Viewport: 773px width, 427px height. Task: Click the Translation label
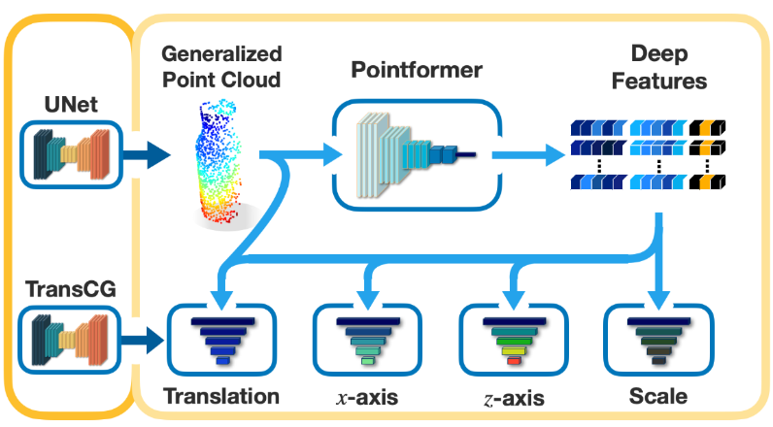pyautogui.click(x=221, y=396)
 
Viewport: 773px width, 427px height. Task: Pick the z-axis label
pyautogui.click(x=511, y=396)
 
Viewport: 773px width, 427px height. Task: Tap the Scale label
pyautogui.click(x=657, y=396)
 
